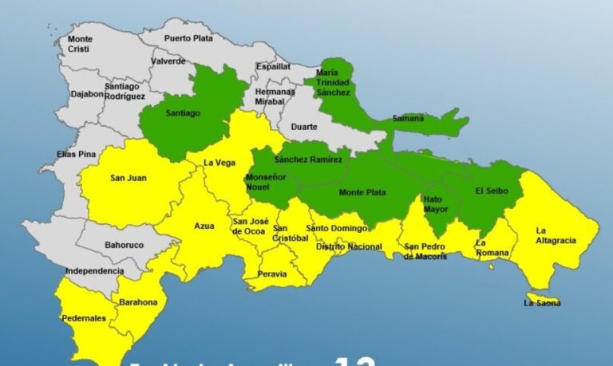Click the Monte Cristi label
tap(80, 43)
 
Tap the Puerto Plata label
tap(188, 37)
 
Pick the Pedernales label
tap(83, 318)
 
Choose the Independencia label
tap(93, 271)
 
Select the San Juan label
tap(128, 178)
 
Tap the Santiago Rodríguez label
tap(125, 92)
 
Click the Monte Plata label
tap(361, 192)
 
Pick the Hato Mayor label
tap(433, 203)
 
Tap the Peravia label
tap(273, 273)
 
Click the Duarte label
tap(303, 126)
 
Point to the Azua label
tap(204, 226)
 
